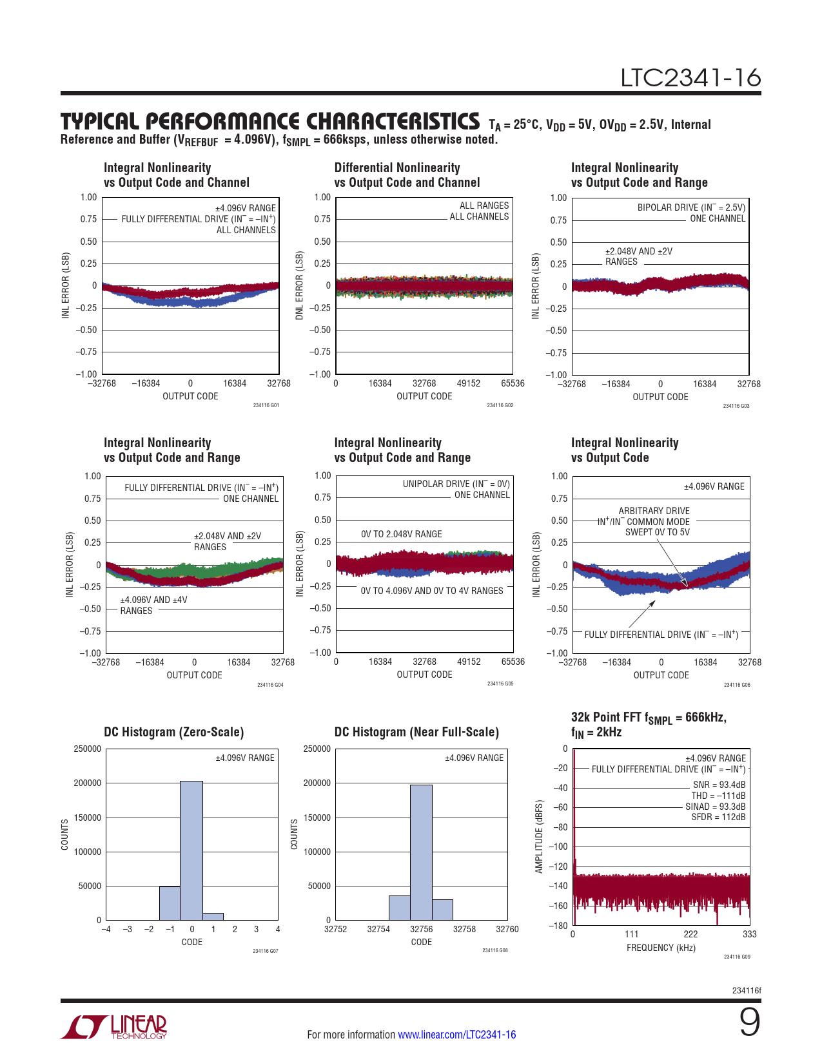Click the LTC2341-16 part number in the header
click(x=690, y=78)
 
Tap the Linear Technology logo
click(x=114, y=1027)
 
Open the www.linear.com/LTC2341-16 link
click(x=456, y=1035)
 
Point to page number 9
click(x=749, y=1022)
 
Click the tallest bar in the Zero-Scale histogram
click(x=191, y=850)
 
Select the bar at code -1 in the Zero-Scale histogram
click(x=170, y=903)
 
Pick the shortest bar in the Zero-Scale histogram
click(x=213, y=916)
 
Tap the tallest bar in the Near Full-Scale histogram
click(x=421, y=852)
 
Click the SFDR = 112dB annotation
click(x=718, y=817)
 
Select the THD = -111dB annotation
click(x=718, y=796)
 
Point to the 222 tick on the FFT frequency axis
click(x=690, y=934)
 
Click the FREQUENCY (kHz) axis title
click(x=661, y=948)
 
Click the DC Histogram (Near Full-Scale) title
click(x=416, y=732)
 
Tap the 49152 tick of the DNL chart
click(x=469, y=383)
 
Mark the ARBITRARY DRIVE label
click(x=654, y=511)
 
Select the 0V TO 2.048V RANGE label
click(x=402, y=534)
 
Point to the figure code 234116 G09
click(x=737, y=957)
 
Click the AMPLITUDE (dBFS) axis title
click(x=540, y=836)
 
